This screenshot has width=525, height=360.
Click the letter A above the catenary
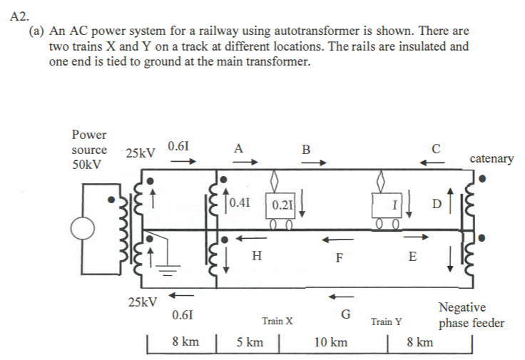pos(238,149)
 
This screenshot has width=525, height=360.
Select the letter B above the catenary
pos(306,150)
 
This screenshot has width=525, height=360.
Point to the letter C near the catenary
pos(436,150)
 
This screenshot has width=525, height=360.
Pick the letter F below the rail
pos(340,258)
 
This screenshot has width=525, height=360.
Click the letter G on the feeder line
pos(345,314)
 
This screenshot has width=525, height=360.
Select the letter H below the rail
pos(256,254)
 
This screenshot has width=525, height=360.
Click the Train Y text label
pos(386,322)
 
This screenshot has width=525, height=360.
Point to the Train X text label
pos(277,322)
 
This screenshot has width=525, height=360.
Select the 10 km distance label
pos(330,342)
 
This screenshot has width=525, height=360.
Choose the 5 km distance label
pos(249,342)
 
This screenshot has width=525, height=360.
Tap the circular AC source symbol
pos(84,228)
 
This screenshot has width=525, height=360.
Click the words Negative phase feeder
pos(471,315)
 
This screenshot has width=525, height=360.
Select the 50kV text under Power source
pos(86,165)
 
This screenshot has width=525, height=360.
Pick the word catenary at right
pos(491,158)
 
